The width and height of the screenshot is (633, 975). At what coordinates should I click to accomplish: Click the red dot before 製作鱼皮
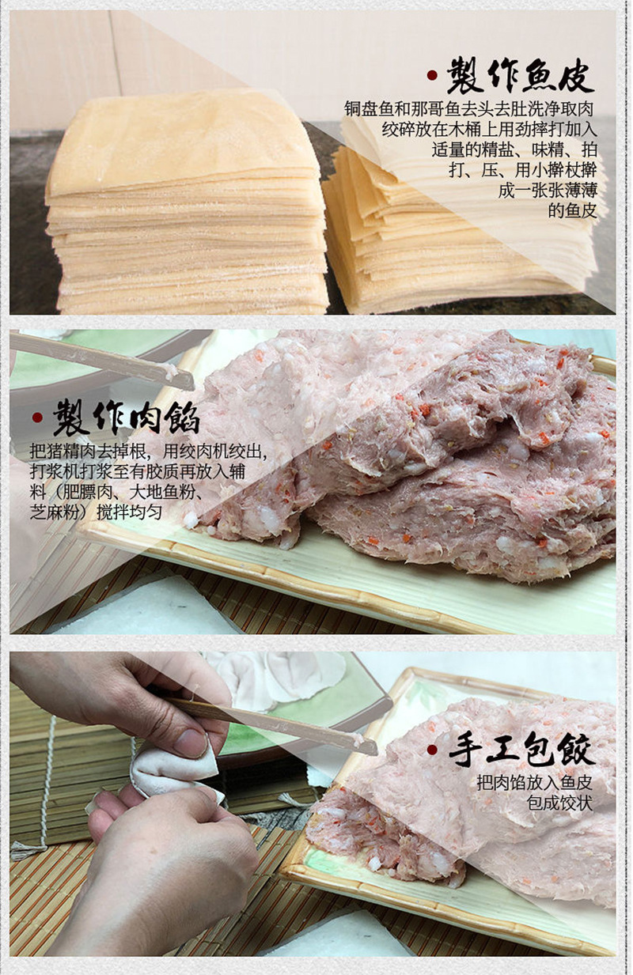point(432,76)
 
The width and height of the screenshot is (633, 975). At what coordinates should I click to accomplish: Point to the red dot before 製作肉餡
point(36,418)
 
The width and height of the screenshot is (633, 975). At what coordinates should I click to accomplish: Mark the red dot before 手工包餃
point(432,750)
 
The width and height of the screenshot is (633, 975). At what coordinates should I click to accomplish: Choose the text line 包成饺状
point(559,803)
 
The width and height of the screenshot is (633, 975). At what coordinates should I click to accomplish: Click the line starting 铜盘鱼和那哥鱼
point(469,108)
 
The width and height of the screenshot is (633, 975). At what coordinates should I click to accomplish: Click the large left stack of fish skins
point(186,206)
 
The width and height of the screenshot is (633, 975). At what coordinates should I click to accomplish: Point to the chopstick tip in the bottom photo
point(366,745)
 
